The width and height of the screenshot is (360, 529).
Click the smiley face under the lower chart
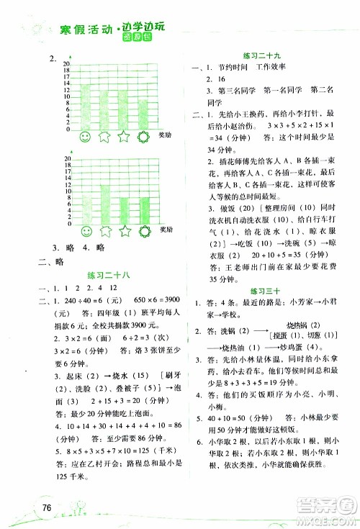87,230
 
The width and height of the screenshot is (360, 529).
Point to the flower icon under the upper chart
143,136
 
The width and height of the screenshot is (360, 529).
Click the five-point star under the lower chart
124,230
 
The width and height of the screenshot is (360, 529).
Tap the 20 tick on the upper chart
67,64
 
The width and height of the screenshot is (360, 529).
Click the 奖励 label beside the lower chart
164,230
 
